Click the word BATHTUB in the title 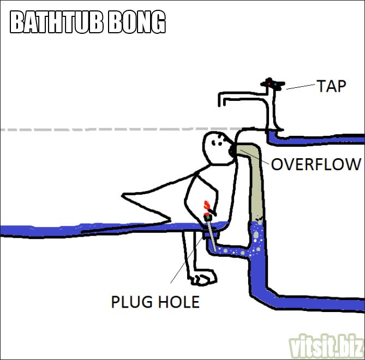tap(57, 22)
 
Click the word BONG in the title tap(137, 22)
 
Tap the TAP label tap(332, 86)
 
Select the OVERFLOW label tap(316, 164)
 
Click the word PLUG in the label tap(131, 302)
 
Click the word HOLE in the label tap(179, 302)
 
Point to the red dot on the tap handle tap(269, 83)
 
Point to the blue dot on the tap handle tap(276, 84)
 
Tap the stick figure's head tap(217, 148)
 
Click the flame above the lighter tap(206, 205)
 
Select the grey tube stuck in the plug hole tap(211, 235)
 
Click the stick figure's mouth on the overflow tap(232, 151)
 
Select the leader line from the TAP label tap(300, 87)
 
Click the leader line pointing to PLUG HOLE tap(187, 260)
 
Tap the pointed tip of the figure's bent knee tap(122, 195)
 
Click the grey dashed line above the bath tap(121, 129)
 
